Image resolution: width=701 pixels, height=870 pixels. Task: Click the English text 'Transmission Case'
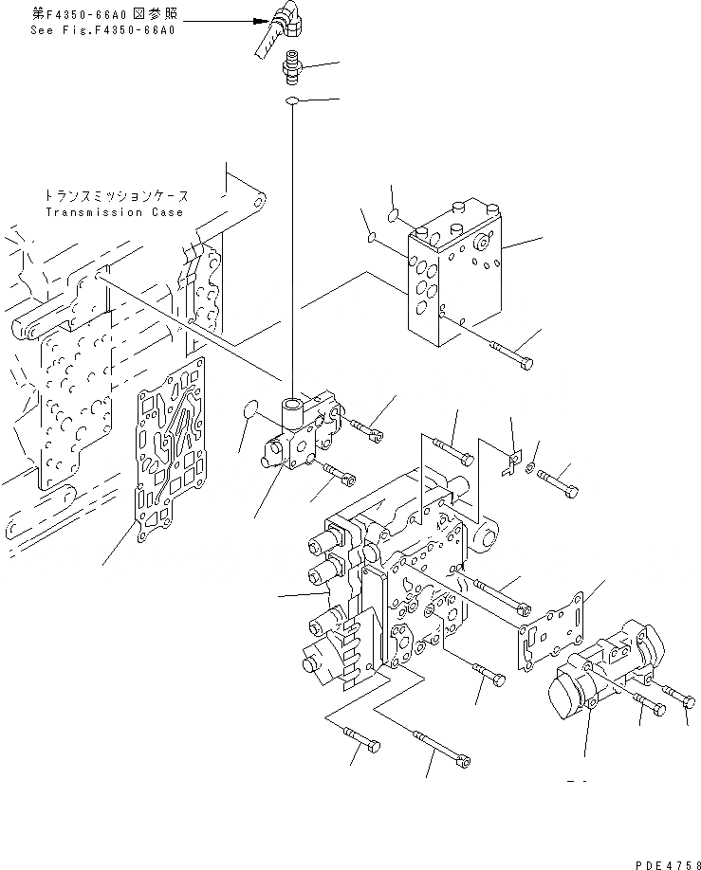(x=115, y=212)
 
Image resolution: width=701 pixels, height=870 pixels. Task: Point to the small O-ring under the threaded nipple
(x=293, y=101)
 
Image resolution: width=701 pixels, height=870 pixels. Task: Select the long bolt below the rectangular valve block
(x=511, y=355)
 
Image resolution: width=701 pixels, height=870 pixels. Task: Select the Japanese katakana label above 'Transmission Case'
(x=116, y=196)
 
